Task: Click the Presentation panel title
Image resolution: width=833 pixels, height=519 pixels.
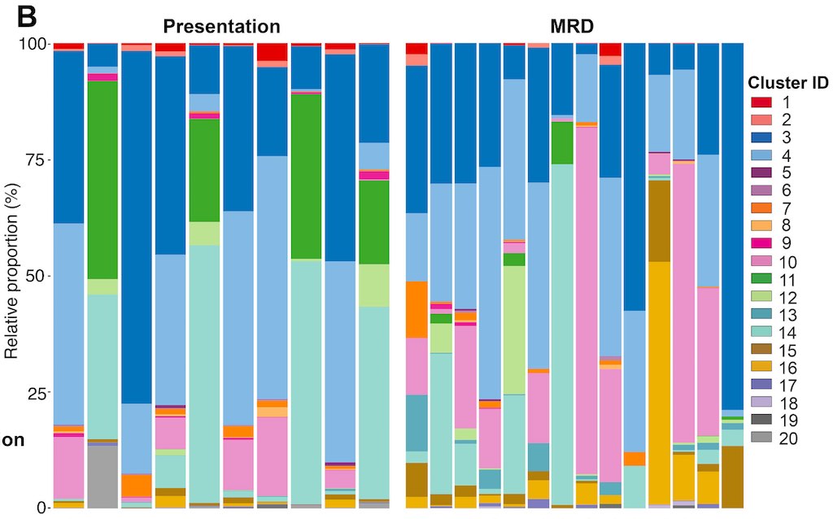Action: pyautogui.click(x=221, y=25)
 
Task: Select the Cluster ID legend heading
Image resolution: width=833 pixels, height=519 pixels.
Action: pyautogui.click(x=788, y=83)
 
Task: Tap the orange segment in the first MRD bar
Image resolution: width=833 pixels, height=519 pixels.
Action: pyautogui.click(x=416, y=309)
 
